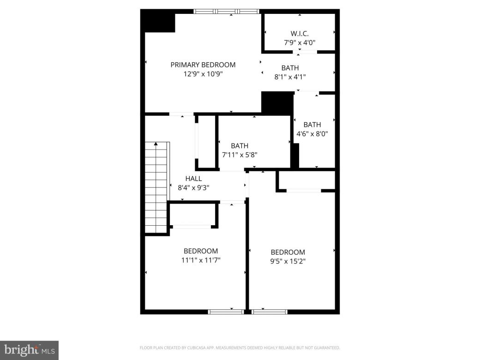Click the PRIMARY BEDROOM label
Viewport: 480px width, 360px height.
coord(203,65)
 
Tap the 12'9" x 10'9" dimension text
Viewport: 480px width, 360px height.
coord(203,73)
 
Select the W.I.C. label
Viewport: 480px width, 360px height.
coord(300,33)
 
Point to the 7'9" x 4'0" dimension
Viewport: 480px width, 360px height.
coord(300,42)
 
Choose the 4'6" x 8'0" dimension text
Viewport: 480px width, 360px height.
coord(312,134)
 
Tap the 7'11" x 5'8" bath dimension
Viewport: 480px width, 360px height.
coord(240,155)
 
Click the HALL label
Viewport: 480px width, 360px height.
coord(193,178)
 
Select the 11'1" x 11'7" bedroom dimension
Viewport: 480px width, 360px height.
coord(201,260)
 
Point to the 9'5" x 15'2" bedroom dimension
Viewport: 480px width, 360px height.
coord(288,261)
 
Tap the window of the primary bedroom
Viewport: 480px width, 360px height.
coord(226,12)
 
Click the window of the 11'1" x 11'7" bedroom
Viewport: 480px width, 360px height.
coord(226,312)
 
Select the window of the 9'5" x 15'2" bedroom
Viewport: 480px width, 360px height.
coord(270,312)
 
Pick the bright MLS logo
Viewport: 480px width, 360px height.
coord(29,350)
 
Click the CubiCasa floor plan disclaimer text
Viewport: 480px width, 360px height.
coord(240,348)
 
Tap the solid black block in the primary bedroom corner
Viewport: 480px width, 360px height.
coord(160,22)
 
